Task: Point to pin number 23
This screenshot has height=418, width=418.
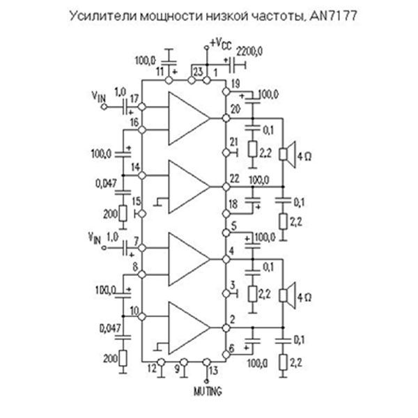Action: pos(199,72)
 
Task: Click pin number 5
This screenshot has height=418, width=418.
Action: pos(235,225)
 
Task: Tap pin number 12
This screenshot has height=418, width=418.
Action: pos(151,370)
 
